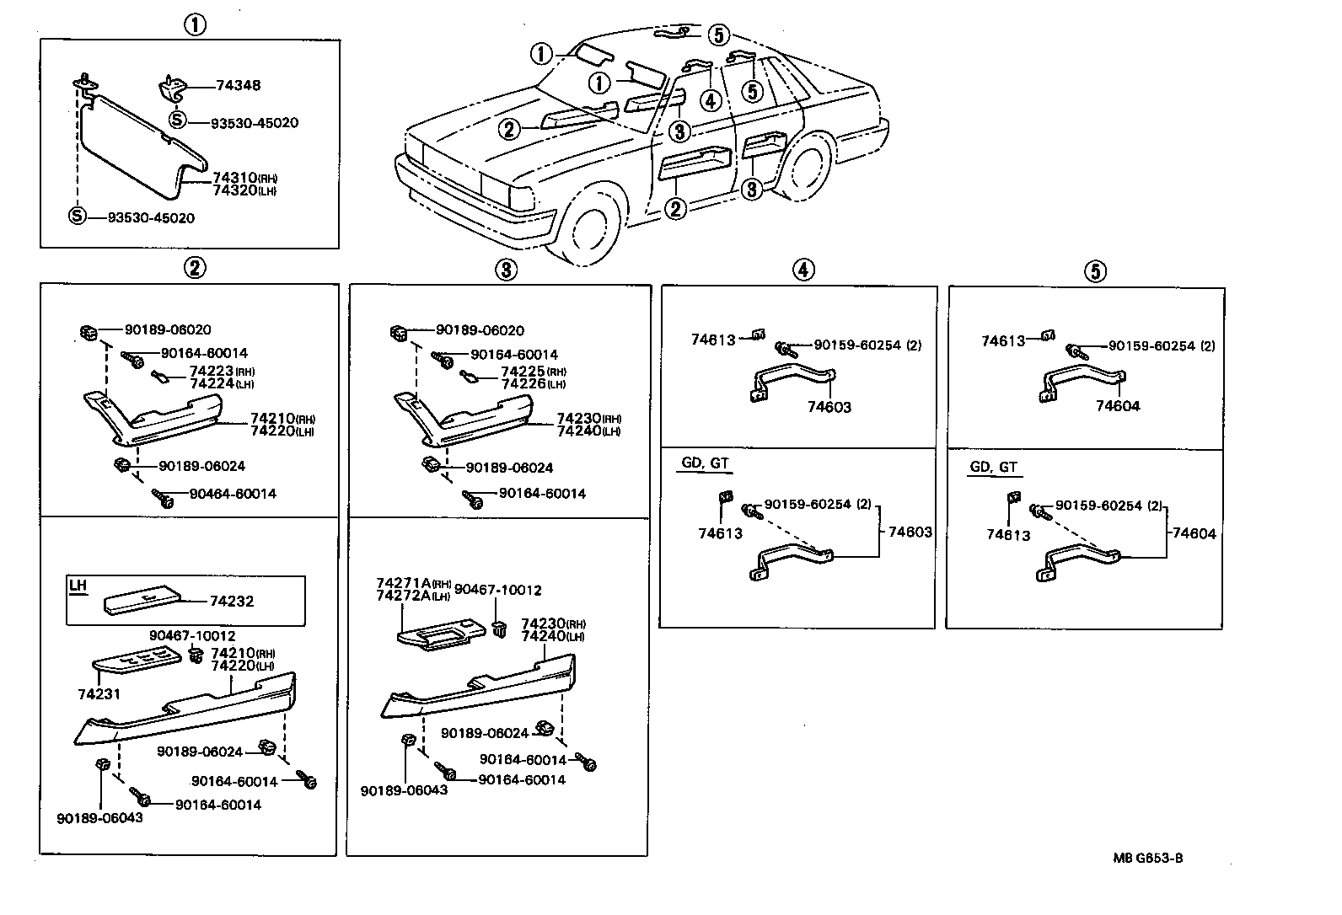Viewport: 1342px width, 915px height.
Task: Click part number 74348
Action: [239, 85]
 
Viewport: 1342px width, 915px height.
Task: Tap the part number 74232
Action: [232, 602]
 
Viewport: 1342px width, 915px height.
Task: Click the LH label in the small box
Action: [78, 586]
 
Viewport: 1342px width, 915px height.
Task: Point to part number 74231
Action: [99, 694]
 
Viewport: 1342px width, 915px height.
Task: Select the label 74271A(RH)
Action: [413, 583]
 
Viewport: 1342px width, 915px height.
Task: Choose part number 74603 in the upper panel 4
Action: [829, 407]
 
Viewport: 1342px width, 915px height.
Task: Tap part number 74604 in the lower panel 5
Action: [1194, 533]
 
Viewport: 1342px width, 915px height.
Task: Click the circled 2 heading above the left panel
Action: [195, 268]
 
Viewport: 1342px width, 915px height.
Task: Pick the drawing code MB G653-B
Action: [1147, 859]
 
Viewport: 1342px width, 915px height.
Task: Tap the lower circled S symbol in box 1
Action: [77, 217]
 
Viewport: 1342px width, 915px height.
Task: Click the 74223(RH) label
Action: [221, 372]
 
